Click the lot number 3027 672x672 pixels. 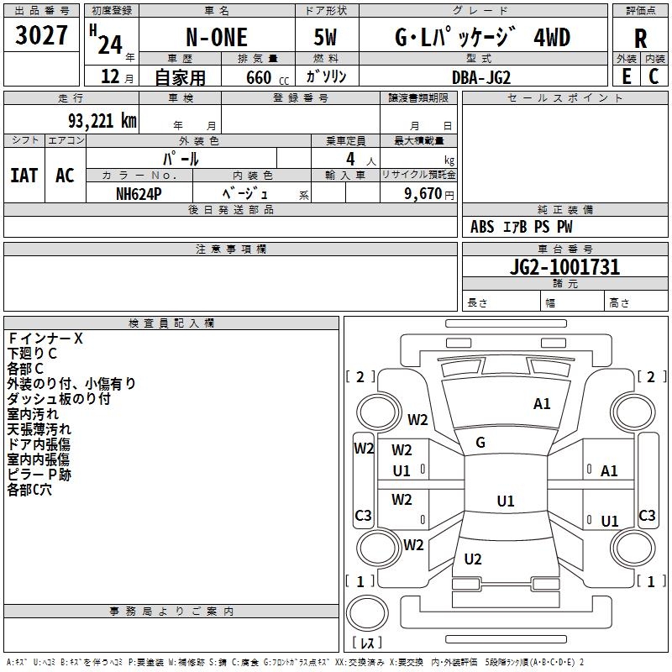pyautogui.click(x=41, y=37)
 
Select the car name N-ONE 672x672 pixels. pyautogui.click(x=215, y=38)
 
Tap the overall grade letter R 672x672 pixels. pyautogui.click(x=640, y=39)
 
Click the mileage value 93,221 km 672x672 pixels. pyautogui.click(x=96, y=120)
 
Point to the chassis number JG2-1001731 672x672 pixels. pyautogui.click(x=564, y=267)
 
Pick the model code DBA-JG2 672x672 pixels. pyautogui.click(x=480, y=76)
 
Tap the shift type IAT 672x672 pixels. pyautogui.click(x=24, y=176)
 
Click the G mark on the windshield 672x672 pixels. pyautogui.click(x=480, y=443)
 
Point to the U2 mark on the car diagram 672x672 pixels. pyautogui.click(x=473, y=559)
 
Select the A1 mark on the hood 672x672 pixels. pyautogui.click(x=542, y=404)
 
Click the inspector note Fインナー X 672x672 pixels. pyautogui.click(x=45, y=339)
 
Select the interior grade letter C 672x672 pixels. pyautogui.click(x=654, y=76)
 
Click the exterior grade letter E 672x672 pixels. pyautogui.click(x=626, y=76)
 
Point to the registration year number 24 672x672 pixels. pyautogui.click(x=109, y=39)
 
